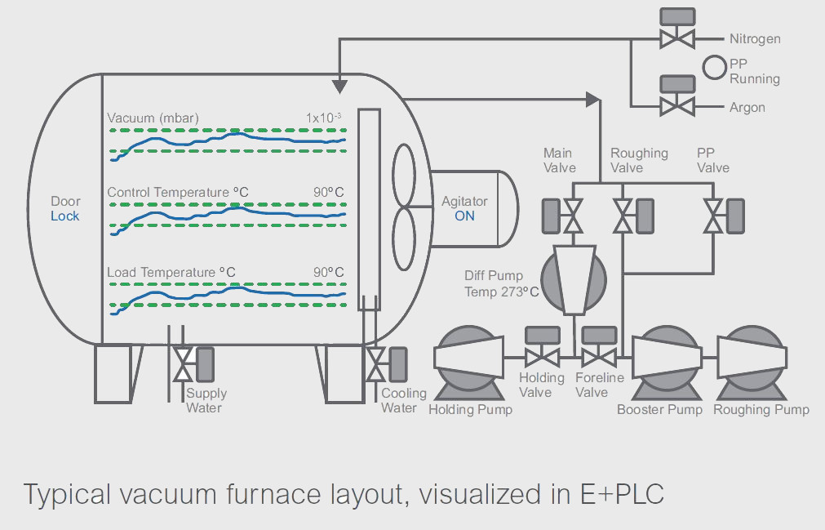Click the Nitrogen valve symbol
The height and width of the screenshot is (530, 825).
[x=676, y=38]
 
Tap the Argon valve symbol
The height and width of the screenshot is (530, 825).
[x=676, y=105]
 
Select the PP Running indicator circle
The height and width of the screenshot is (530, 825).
[x=715, y=68]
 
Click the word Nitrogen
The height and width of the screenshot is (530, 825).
[x=755, y=38]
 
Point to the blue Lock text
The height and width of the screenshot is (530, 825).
[x=65, y=216]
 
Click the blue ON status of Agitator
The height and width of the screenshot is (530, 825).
[x=464, y=216]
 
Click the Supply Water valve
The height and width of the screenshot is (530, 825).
[x=183, y=364]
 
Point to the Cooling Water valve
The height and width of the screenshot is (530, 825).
[x=376, y=364]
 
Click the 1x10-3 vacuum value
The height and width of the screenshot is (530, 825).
[x=325, y=118]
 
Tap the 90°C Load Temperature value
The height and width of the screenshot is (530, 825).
[x=329, y=272]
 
